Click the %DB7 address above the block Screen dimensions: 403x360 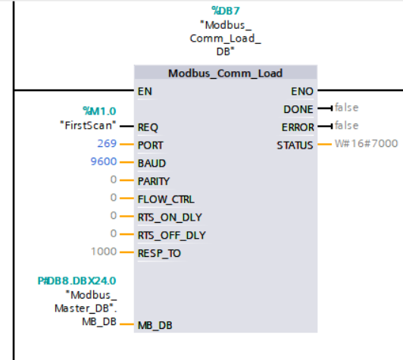click(x=226, y=11)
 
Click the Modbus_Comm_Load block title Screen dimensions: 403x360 click(x=226, y=74)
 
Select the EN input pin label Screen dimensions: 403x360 click(x=145, y=91)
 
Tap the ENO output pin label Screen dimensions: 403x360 click(x=302, y=91)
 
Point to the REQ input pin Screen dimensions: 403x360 click(x=148, y=127)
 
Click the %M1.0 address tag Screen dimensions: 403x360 click(x=99, y=111)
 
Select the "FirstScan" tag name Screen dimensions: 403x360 click(x=88, y=126)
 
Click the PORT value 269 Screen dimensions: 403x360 click(x=107, y=143)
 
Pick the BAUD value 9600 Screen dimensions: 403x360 click(x=104, y=161)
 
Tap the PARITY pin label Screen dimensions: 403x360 click(x=154, y=181)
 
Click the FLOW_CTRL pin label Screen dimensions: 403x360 click(x=166, y=199)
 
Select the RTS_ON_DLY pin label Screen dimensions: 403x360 click(x=170, y=218)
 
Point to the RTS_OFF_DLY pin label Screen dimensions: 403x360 click(x=172, y=236)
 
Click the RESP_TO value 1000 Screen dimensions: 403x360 click(x=104, y=252)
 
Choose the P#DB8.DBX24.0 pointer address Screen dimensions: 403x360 click(x=77, y=280)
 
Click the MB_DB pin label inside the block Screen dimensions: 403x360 click(x=155, y=326)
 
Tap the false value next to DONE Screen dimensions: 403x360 click(x=346, y=108)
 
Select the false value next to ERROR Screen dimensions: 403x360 click(x=346, y=126)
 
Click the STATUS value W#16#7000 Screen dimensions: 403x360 click(x=366, y=143)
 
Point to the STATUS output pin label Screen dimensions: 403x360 click(x=295, y=146)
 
